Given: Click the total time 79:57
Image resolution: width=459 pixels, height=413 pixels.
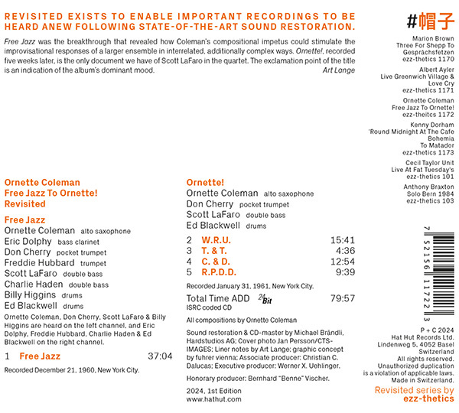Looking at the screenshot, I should [x=342, y=298].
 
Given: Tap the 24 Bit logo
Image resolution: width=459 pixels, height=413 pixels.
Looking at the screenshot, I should [x=265, y=298].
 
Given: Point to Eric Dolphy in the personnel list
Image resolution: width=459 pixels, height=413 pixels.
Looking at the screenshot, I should [x=28, y=241].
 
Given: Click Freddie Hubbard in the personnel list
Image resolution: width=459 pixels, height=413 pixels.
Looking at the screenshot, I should [x=36, y=262].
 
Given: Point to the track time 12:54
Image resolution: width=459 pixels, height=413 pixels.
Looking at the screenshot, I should [x=342, y=261].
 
